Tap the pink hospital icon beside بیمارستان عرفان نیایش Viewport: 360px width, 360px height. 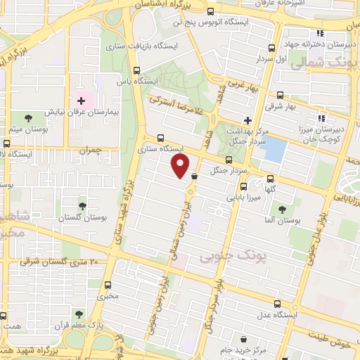(x=82, y=101)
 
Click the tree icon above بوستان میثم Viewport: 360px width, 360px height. (x=28, y=118)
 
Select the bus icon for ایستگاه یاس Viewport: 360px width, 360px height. (x=136, y=70)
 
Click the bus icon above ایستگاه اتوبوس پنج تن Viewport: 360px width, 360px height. (x=212, y=12)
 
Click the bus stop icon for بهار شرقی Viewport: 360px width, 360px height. (x=280, y=95)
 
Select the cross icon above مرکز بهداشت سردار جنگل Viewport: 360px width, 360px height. (x=246, y=119)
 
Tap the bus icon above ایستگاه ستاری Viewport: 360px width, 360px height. (x=161, y=138)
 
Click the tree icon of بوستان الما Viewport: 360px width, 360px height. (x=281, y=209)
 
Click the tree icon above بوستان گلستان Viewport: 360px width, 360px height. (x=83, y=207)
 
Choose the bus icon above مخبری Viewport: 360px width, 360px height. (x=108, y=285)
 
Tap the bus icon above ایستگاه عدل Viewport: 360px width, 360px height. (x=277, y=304)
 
